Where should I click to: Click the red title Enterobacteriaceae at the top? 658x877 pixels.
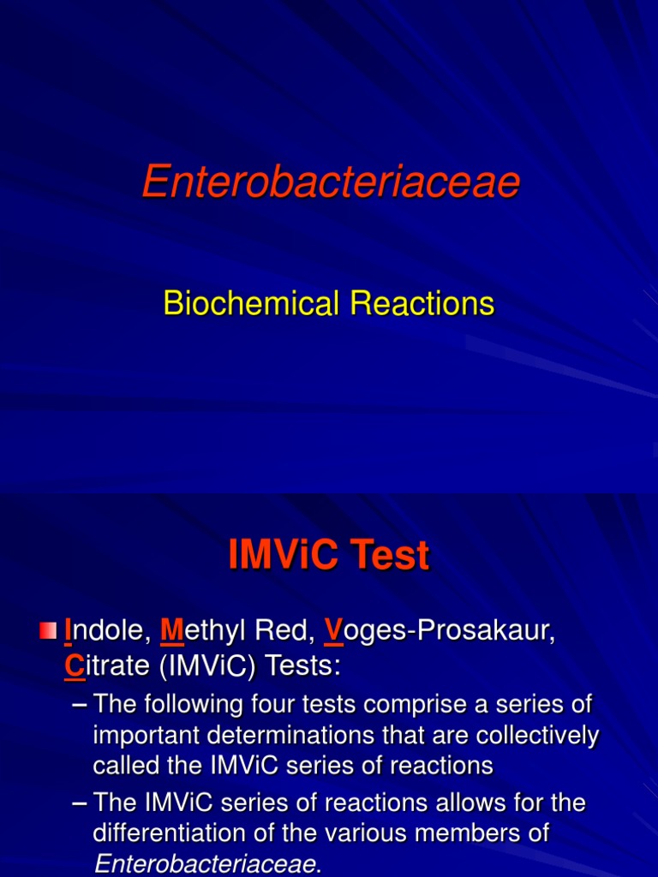331,182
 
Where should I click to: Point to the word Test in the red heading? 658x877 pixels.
392,556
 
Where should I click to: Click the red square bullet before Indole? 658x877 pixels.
48,633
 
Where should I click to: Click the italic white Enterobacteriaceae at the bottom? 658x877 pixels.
204,863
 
